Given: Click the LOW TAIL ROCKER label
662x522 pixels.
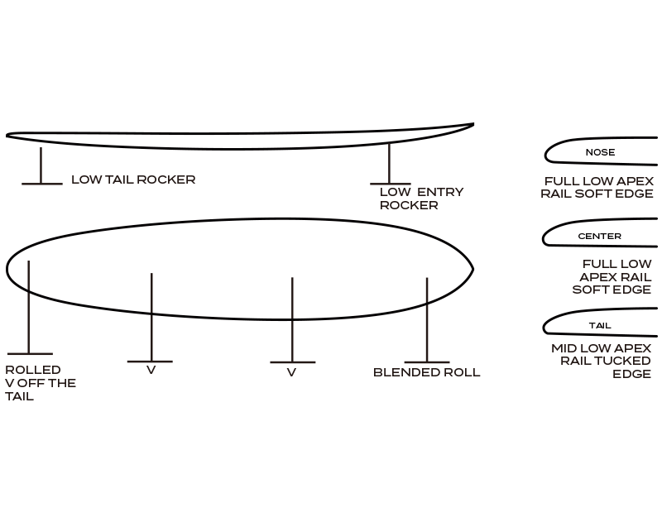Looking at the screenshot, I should click(x=133, y=180).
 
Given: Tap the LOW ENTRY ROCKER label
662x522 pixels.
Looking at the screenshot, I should click(x=421, y=199).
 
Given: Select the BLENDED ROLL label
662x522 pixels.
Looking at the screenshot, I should click(x=426, y=372).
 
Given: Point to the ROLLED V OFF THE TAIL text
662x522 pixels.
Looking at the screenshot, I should click(x=41, y=383).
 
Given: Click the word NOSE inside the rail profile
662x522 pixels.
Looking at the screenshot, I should click(x=600, y=152).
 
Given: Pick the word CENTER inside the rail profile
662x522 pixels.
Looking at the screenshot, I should click(x=599, y=237).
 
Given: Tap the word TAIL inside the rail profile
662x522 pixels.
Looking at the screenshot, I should click(x=600, y=326).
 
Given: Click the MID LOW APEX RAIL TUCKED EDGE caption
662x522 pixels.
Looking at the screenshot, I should click(x=602, y=361).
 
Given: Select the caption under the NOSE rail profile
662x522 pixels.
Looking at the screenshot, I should click(x=599, y=188).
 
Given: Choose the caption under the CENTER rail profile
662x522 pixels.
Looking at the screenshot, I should click(x=612, y=276).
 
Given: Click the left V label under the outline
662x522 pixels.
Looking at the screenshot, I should click(x=151, y=371).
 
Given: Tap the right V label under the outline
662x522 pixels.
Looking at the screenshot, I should click(x=291, y=373).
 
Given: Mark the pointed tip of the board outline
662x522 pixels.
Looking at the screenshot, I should click(x=472, y=268).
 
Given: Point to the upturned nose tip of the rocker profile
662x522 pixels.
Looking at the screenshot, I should click(x=473, y=125).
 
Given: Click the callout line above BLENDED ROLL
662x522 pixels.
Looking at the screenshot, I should click(x=427, y=318).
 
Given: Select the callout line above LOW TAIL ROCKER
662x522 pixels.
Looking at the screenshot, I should click(x=41, y=165).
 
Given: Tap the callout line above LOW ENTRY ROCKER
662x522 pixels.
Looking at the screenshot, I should click(x=389, y=163).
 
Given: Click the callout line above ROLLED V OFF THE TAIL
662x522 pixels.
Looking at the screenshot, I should click(x=29, y=306).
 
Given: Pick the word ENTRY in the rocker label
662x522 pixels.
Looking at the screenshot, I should click(x=440, y=192).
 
